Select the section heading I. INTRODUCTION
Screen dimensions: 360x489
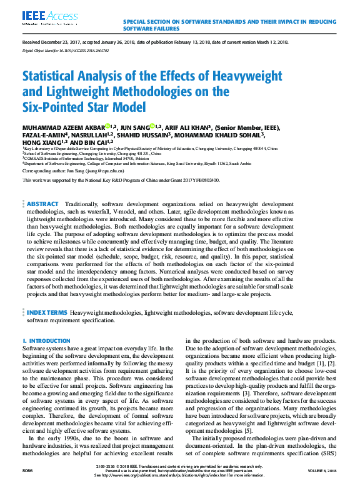[46, 340]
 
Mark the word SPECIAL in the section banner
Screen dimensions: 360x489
[137, 22]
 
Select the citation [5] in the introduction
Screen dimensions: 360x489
[248, 431]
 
